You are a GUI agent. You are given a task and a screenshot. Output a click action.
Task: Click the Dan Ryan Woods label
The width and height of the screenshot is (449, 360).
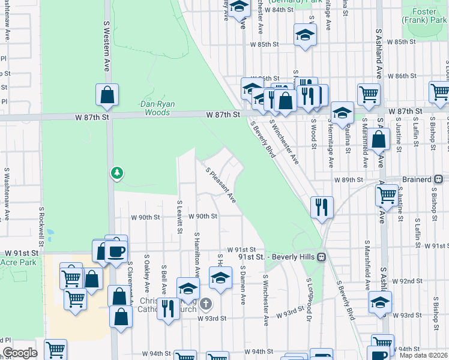pos(157,108)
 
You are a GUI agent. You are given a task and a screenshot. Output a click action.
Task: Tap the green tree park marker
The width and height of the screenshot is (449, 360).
pos(117,173)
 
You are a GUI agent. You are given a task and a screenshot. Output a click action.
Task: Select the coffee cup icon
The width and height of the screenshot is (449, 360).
pos(116,251)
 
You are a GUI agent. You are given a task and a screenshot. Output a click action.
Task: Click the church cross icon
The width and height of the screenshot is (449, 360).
pos(206,303)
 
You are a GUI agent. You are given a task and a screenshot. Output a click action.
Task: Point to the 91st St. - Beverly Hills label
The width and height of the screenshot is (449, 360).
pos(277,257)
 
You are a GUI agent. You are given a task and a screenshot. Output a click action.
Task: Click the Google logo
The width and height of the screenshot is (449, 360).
pos(20,353)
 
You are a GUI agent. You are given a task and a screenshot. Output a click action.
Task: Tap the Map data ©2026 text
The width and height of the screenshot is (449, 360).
pos(424,356)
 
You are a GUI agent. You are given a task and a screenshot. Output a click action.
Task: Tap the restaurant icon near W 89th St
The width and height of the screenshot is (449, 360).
pos(322,207)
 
